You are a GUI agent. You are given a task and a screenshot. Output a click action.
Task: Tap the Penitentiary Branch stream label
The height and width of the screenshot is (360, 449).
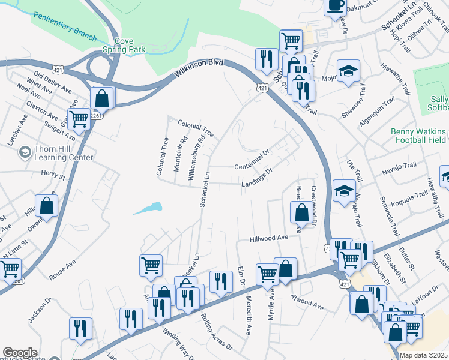point(65,26)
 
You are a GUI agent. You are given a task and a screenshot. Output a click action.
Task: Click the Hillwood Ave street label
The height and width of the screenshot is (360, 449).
point(270,238)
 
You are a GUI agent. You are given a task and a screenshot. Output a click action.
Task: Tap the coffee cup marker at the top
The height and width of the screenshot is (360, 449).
point(336,5)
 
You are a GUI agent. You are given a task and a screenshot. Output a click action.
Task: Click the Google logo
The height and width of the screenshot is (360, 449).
point(20,353)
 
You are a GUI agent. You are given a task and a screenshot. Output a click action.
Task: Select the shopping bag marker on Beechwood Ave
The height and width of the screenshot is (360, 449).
point(300,212)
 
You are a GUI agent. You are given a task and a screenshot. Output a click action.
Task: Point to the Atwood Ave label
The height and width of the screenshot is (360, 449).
point(307,303)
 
